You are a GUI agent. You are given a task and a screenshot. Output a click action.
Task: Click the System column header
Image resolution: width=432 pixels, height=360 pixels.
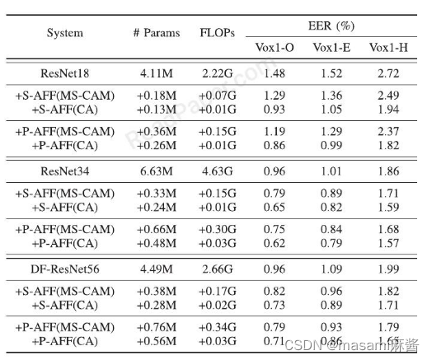66,33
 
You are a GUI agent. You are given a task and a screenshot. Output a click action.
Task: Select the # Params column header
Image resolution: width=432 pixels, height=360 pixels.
155,33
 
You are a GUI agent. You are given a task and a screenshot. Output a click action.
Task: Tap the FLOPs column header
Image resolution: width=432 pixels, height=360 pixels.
218,33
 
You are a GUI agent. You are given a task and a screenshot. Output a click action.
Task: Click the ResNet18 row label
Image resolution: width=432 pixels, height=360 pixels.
66,73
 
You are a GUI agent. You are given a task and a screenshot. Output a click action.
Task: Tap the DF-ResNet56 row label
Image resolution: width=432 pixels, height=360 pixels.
66,266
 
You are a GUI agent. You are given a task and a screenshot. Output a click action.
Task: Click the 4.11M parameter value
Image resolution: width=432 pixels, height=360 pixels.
155,73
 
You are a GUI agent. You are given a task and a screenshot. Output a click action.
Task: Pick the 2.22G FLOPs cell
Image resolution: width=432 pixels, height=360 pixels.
218,73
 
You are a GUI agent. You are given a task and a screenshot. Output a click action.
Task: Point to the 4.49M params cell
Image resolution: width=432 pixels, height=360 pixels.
155,266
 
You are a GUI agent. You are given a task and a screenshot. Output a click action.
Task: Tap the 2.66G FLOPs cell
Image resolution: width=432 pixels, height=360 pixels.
218,266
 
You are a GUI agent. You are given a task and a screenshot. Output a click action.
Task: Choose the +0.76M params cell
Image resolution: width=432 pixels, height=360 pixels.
155,328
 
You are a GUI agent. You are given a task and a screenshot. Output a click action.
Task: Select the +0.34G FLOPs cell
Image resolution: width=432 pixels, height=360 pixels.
218,328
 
